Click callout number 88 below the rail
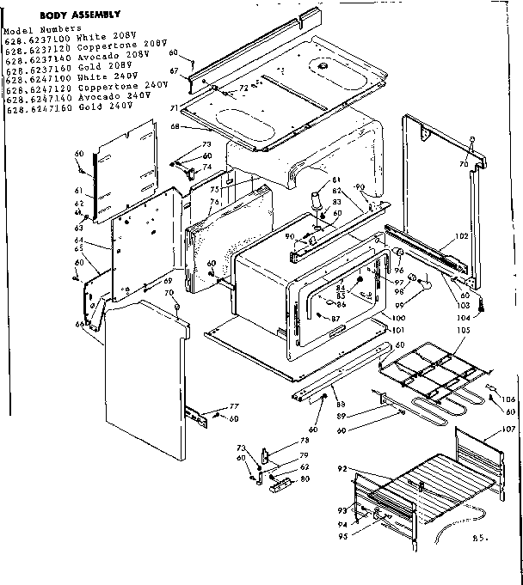(x=341, y=405)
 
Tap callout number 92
(x=343, y=469)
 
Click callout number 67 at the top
(x=173, y=70)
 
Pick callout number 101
(x=397, y=330)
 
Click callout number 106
(x=508, y=399)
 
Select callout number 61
(x=78, y=191)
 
